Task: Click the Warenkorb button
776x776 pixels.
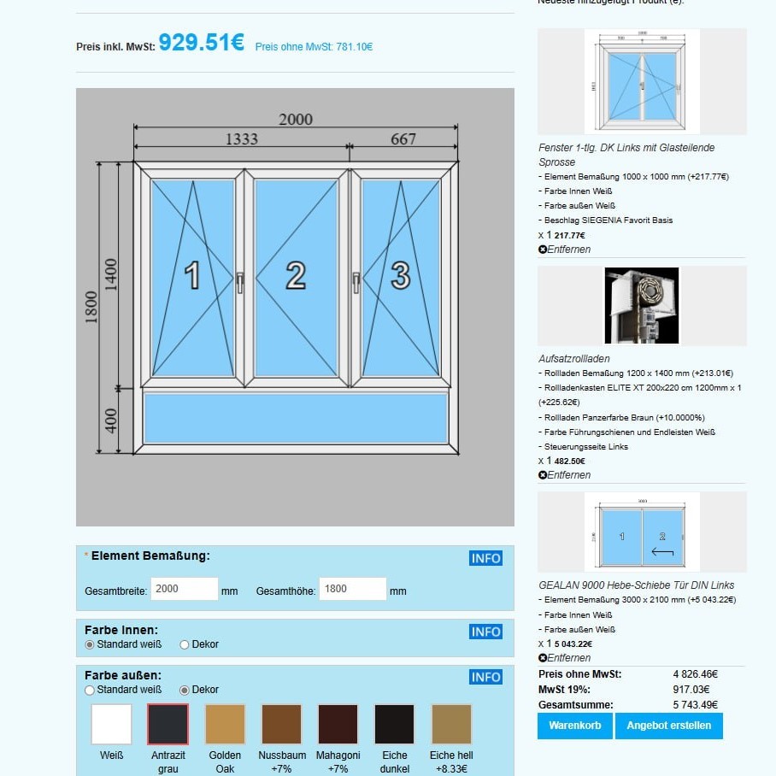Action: (574, 726)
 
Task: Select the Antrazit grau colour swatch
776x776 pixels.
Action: (168, 724)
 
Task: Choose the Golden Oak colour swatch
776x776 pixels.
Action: (225, 724)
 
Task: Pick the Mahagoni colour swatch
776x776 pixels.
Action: (338, 724)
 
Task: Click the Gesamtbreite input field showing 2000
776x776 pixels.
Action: (185, 589)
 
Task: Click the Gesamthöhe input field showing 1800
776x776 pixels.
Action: (353, 589)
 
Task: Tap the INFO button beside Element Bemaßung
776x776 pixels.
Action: (485, 558)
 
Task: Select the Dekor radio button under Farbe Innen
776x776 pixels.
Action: (185, 644)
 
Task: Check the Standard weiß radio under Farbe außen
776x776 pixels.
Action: (90, 690)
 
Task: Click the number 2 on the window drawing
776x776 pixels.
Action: (296, 275)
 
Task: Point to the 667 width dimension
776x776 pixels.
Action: (403, 139)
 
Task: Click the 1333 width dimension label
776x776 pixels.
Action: (241, 139)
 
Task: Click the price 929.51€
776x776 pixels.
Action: (202, 43)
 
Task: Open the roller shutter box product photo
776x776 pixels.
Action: (642, 306)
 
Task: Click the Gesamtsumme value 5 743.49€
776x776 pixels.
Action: (695, 705)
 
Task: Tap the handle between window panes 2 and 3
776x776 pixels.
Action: (356, 281)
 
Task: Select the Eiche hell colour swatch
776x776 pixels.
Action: (451, 724)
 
